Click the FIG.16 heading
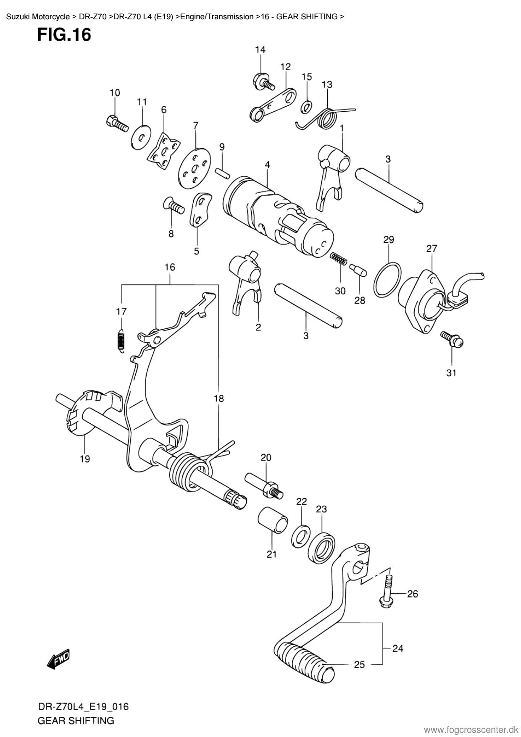click(64, 34)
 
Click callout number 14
click(260, 50)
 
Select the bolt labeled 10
click(117, 122)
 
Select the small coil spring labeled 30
click(338, 259)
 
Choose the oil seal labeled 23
click(321, 545)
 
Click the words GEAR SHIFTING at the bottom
click(76, 721)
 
